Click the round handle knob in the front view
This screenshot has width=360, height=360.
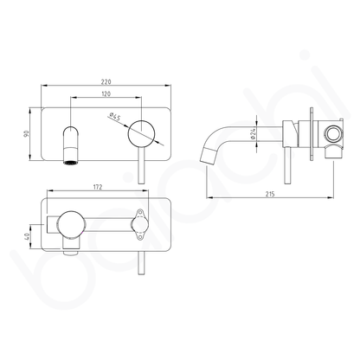point(142,135)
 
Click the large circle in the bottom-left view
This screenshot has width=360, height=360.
point(68,228)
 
